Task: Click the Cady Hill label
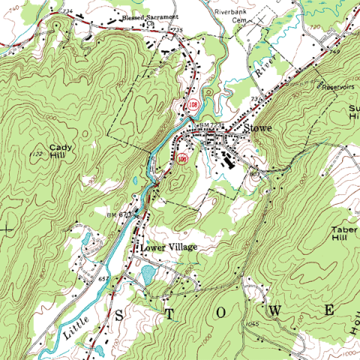[x=58, y=151]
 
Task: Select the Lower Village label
[x=166, y=245]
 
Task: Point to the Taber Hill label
[x=342, y=232]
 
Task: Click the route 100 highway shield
[x=181, y=158]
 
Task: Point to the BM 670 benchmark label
[x=119, y=215]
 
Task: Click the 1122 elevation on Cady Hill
[x=36, y=153]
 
